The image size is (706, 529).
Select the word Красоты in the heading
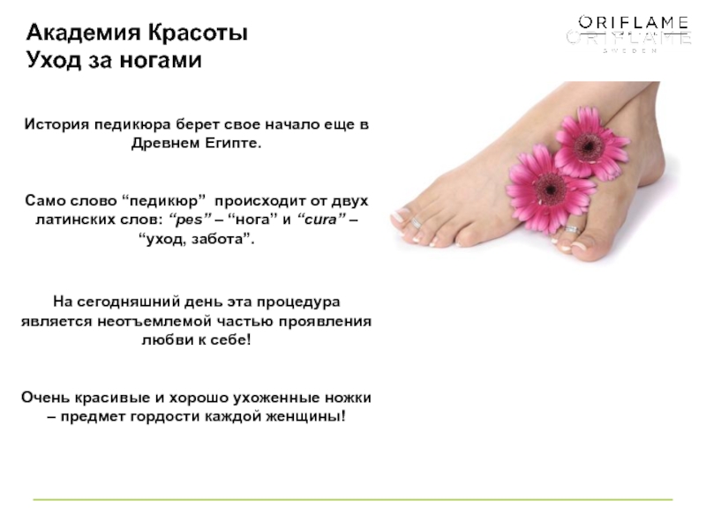click(198, 33)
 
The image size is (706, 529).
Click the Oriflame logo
click(629, 33)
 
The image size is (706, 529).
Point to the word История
click(56, 124)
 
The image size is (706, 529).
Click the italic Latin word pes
click(189, 220)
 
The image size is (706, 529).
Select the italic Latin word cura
click(321, 219)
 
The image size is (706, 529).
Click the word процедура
click(298, 302)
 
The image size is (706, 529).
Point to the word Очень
click(46, 398)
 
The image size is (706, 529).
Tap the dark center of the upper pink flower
click(588, 145)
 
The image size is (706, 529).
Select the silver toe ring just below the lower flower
click(572, 229)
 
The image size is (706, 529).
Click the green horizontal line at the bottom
click(353, 499)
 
